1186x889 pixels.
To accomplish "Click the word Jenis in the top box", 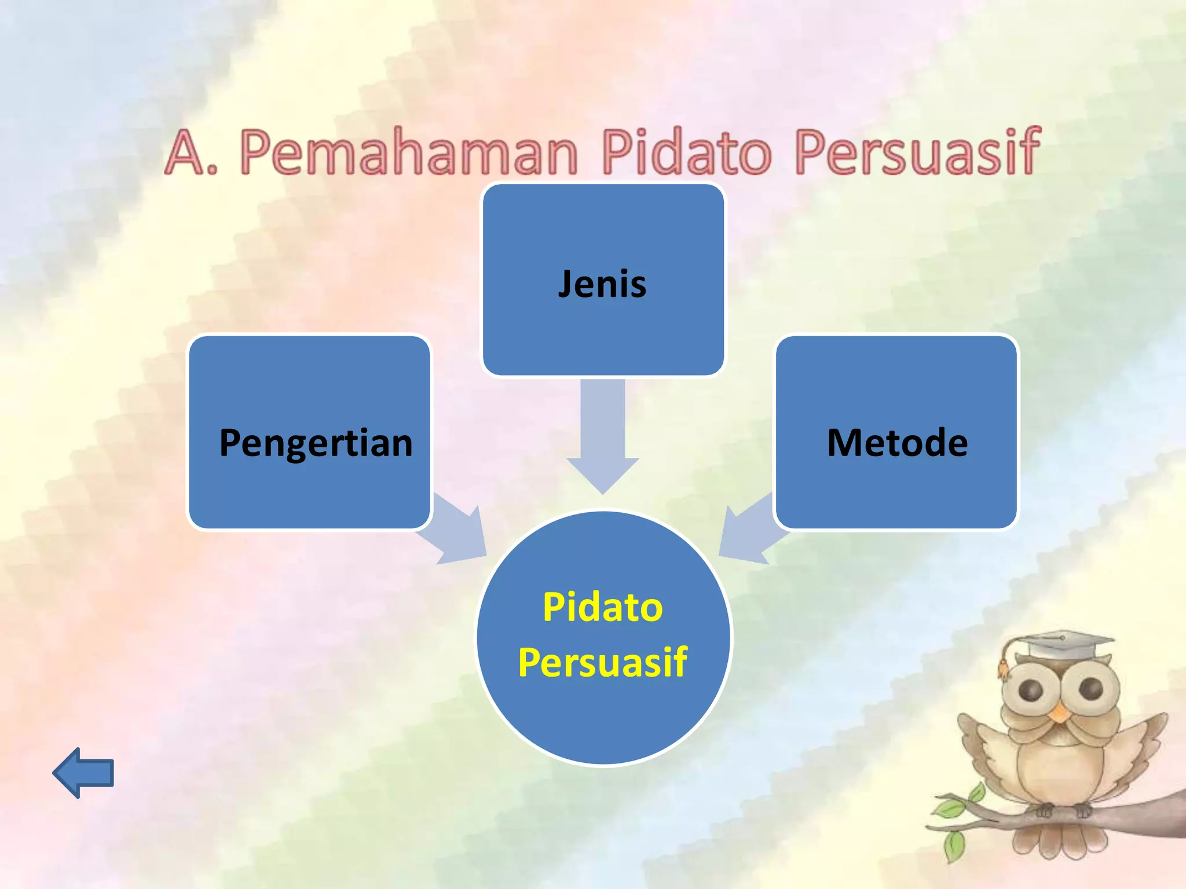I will pos(602,284).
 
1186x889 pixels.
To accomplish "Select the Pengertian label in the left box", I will pos(316,443).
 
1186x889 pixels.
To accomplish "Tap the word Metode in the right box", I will pos(897,443).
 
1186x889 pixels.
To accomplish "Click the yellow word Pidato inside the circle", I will pos(602,607).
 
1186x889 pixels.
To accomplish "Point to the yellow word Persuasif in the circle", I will pos(602,662).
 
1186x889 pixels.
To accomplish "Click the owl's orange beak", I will pos(1059,713).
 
